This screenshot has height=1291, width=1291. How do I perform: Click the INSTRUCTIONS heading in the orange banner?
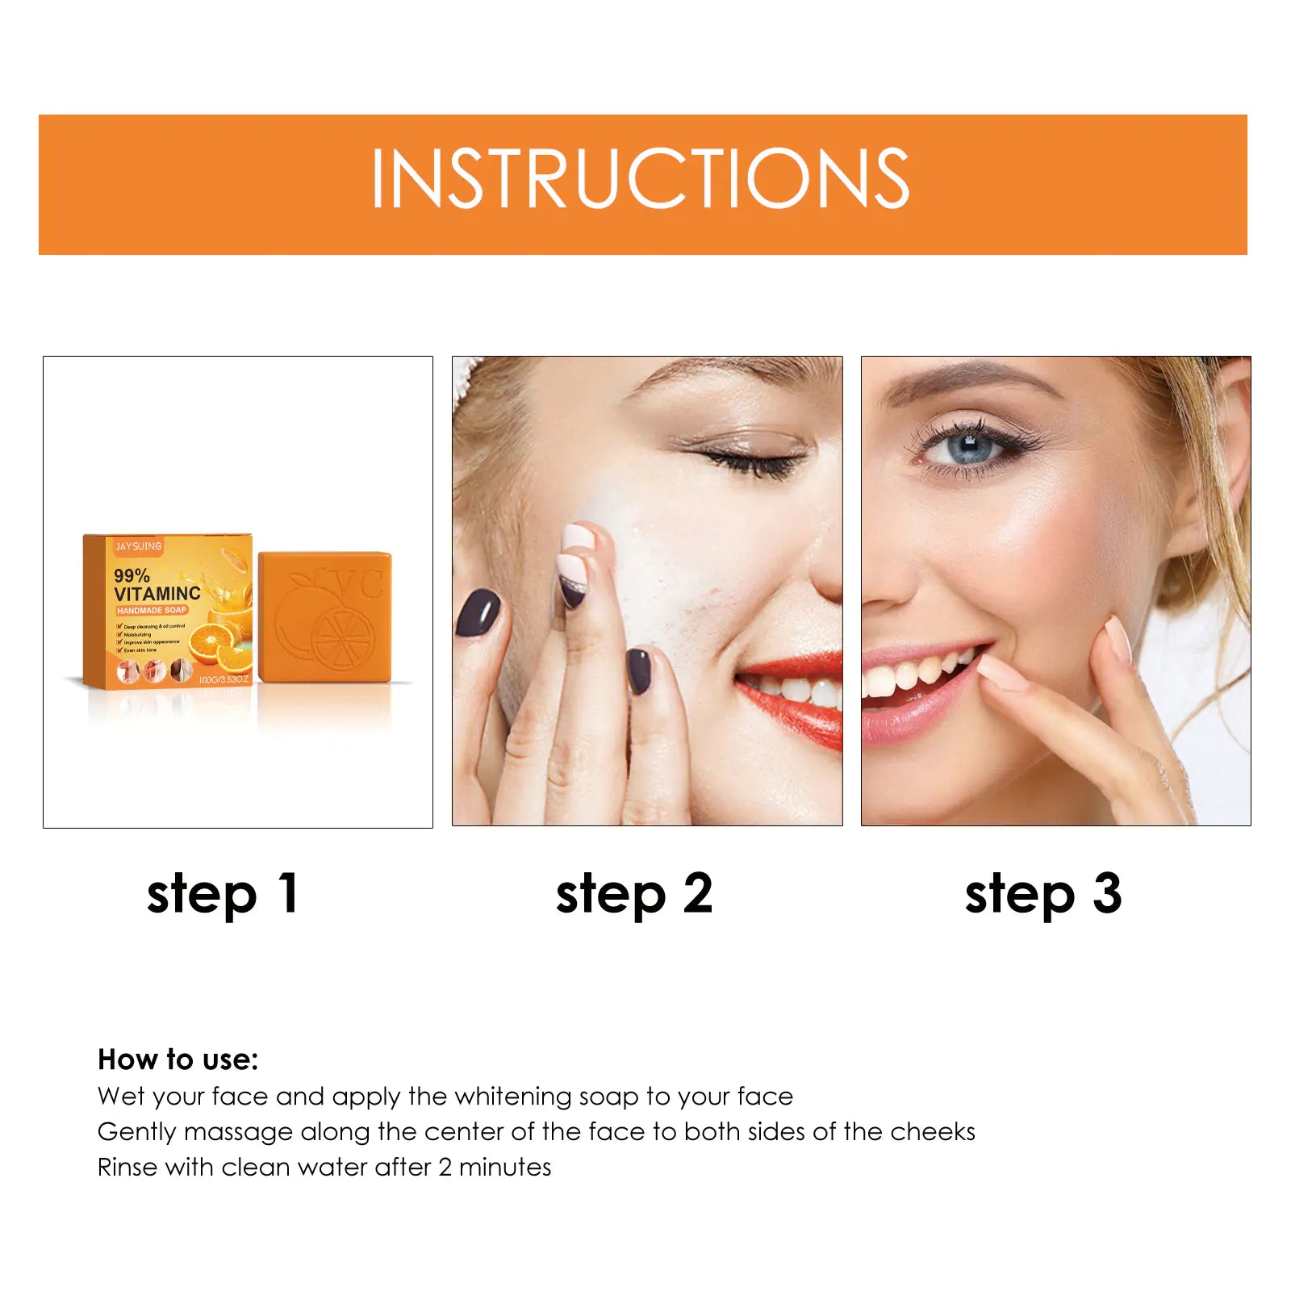[641, 179]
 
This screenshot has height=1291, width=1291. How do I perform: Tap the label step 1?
[223, 894]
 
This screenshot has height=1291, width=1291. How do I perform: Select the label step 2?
[634, 894]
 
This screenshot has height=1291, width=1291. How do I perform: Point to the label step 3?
[1043, 894]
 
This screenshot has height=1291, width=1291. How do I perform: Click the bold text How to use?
[178, 1059]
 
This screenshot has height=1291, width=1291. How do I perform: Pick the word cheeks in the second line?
[933, 1131]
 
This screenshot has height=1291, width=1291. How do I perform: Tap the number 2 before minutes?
[445, 1167]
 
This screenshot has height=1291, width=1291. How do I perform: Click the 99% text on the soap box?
[132, 575]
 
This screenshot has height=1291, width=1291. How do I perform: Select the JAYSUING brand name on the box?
[139, 546]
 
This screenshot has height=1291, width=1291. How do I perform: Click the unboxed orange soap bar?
[324, 616]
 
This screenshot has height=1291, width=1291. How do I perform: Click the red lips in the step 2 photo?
[795, 696]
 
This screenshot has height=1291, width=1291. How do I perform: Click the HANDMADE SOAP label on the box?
[152, 610]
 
